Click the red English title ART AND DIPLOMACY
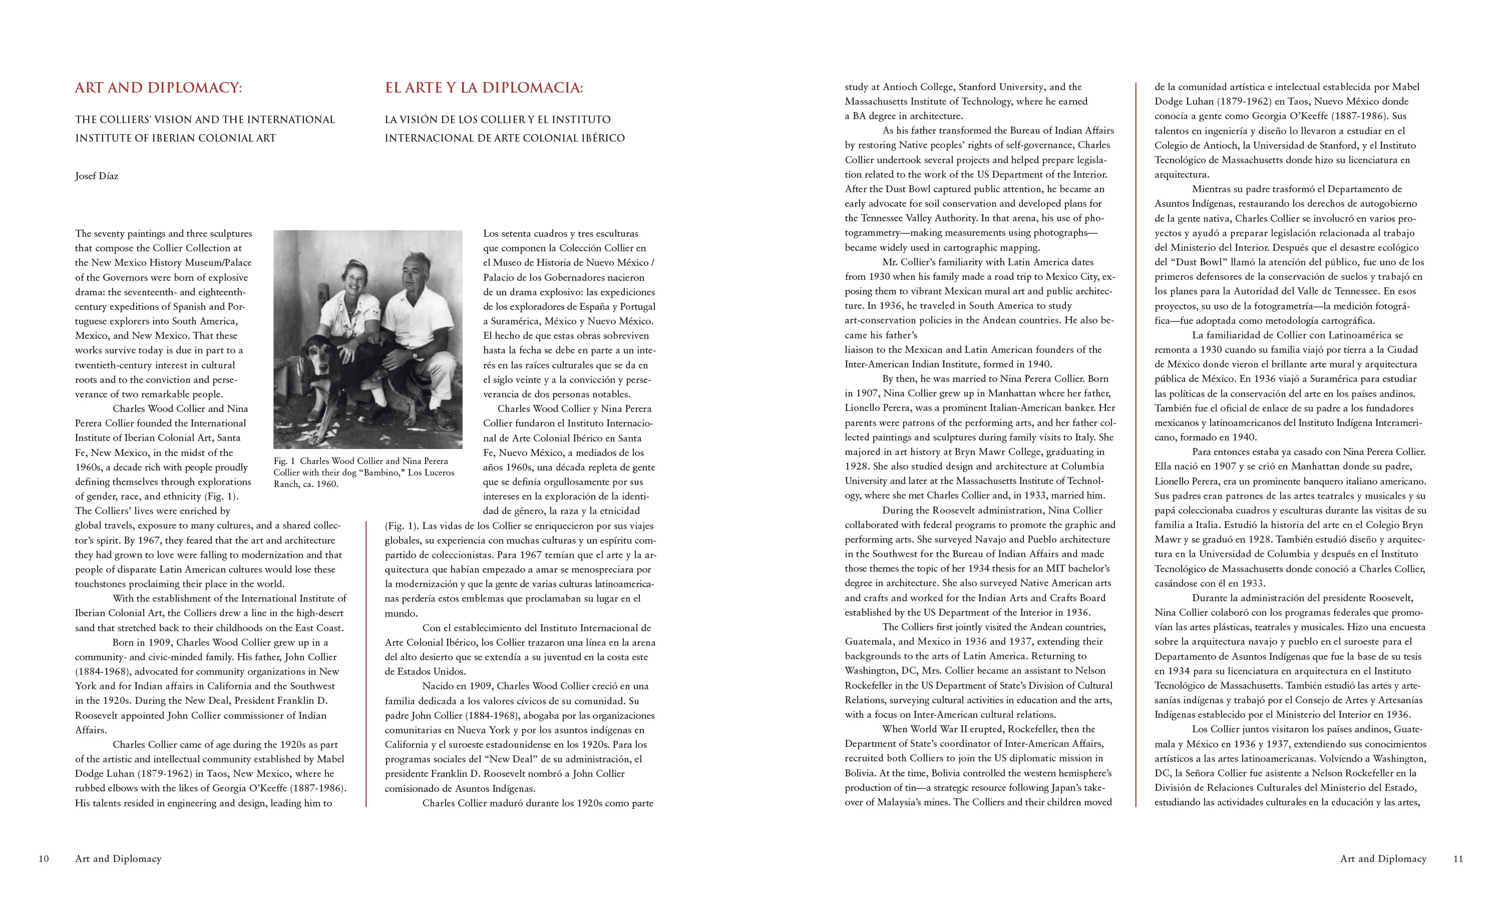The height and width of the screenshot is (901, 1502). [x=158, y=88]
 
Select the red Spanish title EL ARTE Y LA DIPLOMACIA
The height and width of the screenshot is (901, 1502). [x=483, y=88]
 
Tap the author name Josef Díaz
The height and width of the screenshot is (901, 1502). [x=97, y=176]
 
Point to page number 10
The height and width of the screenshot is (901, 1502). [x=44, y=858]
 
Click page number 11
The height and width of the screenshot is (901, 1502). [x=1458, y=858]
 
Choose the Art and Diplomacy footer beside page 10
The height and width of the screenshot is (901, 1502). [x=118, y=858]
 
